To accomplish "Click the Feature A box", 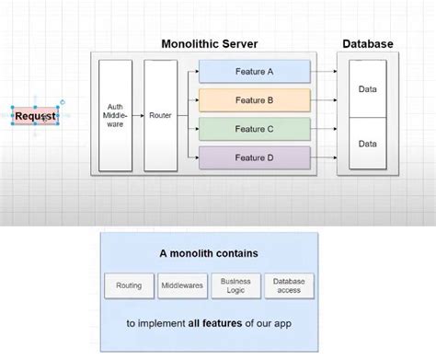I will [254, 71].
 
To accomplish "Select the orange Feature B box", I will [254, 99].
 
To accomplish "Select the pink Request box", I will [36, 116].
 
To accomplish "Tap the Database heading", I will [368, 43].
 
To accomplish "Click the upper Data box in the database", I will [368, 89].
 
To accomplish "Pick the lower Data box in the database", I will [368, 144].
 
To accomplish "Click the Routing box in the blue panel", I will [130, 286].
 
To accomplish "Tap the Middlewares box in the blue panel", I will [183, 286].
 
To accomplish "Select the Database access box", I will [289, 286].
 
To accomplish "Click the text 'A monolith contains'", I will [209, 252].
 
